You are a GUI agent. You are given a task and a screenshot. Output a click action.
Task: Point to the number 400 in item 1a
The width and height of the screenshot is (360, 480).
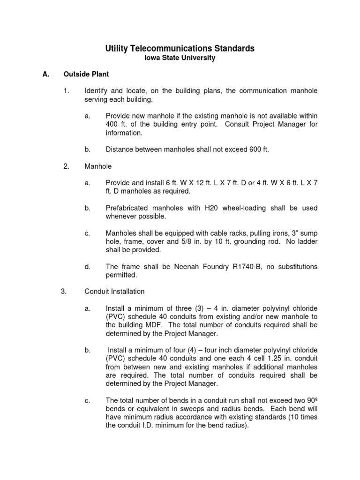pos(112,124)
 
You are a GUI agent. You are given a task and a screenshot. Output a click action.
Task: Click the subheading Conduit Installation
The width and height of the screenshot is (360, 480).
pos(114,291)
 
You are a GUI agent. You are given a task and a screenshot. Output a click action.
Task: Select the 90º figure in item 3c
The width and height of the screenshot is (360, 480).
pos(312,400)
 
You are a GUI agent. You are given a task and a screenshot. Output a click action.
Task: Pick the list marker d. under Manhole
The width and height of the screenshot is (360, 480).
pos(87,266)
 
